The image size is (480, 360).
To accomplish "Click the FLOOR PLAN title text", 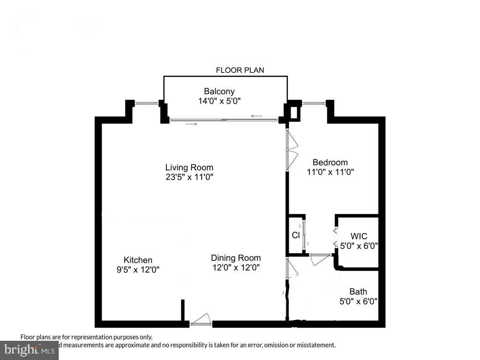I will coord(240,70).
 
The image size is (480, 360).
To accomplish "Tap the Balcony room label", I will coord(219,91).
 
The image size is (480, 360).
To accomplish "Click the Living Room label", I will coord(189,167).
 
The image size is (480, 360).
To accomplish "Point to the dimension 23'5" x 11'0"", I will coord(189,177).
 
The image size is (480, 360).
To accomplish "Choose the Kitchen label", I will coord(138,260).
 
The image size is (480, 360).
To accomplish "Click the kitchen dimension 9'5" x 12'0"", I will coord(138,270).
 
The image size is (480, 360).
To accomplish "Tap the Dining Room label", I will coord(236,258).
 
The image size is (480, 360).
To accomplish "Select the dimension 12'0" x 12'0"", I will coord(236,267).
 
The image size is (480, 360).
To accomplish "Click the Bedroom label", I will coord(330,163).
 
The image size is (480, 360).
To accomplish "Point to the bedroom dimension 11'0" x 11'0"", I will coord(330,172).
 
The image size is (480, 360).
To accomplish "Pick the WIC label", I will coord(359,236).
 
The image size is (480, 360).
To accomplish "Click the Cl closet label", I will coord(296,235).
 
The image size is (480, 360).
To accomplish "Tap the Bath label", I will coord(358,292).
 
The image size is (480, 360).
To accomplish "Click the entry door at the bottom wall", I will coord(201,321).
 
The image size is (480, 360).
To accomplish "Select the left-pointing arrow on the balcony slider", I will coord(256,116).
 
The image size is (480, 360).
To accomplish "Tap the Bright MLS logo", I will coord(29,350).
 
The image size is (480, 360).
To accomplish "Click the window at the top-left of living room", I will coord(146,103).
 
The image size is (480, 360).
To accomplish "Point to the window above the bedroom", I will coord(314,103).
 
